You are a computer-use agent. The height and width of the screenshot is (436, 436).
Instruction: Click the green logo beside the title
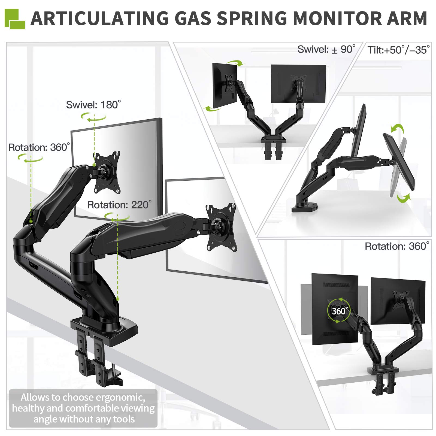click(15, 19)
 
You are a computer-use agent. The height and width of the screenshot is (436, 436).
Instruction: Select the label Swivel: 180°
click(93, 105)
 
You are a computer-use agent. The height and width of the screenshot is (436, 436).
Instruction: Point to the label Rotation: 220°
click(119, 205)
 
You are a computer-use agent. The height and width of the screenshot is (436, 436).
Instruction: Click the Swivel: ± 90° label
click(326, 50)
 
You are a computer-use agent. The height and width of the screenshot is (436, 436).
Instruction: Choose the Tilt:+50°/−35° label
click(398, 50)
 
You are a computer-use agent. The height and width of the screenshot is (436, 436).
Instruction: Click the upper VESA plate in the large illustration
click(107, 172)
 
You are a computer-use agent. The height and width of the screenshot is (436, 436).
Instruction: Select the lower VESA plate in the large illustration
click(221, 227)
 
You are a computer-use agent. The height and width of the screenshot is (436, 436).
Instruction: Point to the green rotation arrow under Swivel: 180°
click(93, 118)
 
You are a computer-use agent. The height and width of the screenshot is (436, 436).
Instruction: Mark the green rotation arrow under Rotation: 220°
click(117, 217)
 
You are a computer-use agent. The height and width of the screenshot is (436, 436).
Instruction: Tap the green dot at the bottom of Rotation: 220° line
click(118, 299)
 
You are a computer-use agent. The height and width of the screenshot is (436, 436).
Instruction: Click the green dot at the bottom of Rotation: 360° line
click(31, 221)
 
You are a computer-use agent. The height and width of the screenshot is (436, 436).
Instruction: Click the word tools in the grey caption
click(124, 419)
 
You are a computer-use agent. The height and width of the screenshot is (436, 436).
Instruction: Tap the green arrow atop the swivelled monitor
click(236, 63)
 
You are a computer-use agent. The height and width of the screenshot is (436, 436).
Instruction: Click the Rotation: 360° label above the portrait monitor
click(397, 246)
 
